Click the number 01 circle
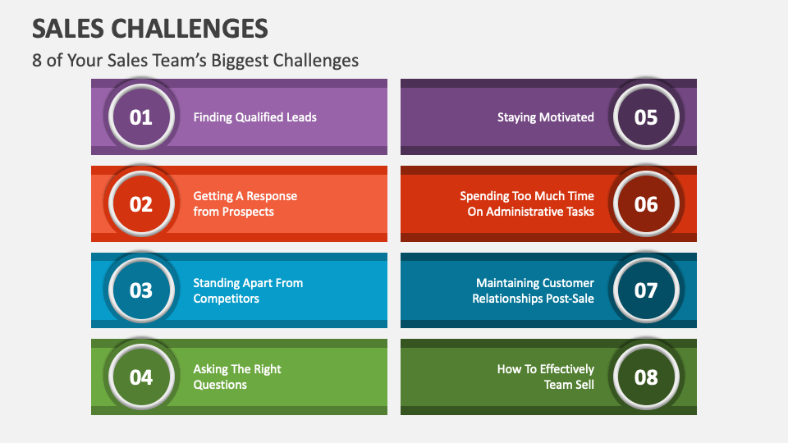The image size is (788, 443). click(141, 117)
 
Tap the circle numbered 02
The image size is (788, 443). click(141, 204)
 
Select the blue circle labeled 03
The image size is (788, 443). click(141, 290)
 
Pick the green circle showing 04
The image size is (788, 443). click(141, 377)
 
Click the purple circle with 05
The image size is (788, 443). click(646, 117)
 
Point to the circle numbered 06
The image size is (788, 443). click(646, 204)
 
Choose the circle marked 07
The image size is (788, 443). click(646, 290)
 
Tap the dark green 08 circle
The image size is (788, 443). click(646, 377)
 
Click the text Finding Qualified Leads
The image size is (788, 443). click(254, 117)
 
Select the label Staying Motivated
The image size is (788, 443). click(545, 117)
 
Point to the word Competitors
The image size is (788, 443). click(226, 299)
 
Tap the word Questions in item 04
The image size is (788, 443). click(220, 385)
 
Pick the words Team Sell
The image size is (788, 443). click(569, 385)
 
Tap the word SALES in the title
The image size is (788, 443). click(67, 29)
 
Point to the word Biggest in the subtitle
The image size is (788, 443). click(238, 61)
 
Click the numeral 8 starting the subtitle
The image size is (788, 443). click(37, 61)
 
